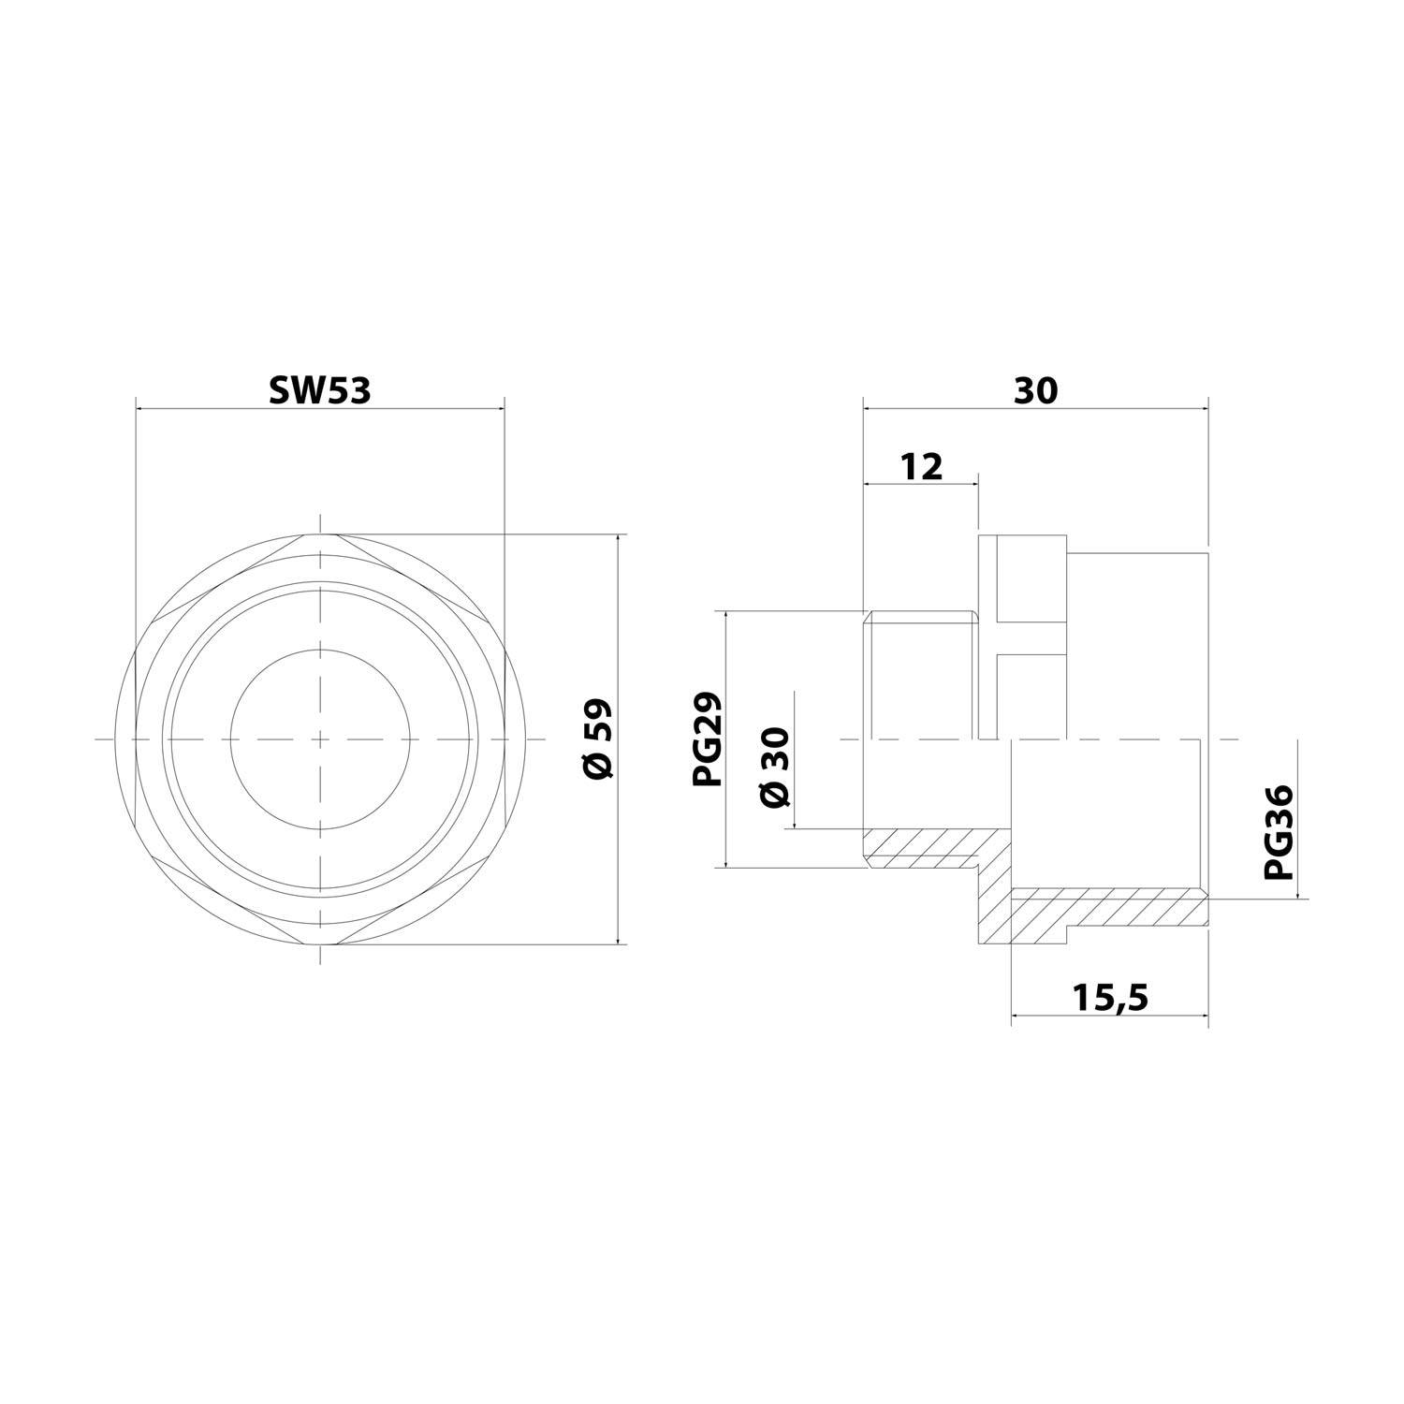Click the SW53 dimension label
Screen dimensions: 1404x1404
click(x=320, y=390)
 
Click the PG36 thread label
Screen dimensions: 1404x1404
click(x=1278, y=832)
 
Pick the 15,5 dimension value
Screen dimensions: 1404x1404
click(x=1110, y=999)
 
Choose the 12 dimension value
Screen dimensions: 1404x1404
click(x=922, y=465)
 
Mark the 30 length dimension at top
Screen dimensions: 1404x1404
click(x=1036, y=390)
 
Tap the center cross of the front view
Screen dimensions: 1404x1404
click(x=321, y=739)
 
